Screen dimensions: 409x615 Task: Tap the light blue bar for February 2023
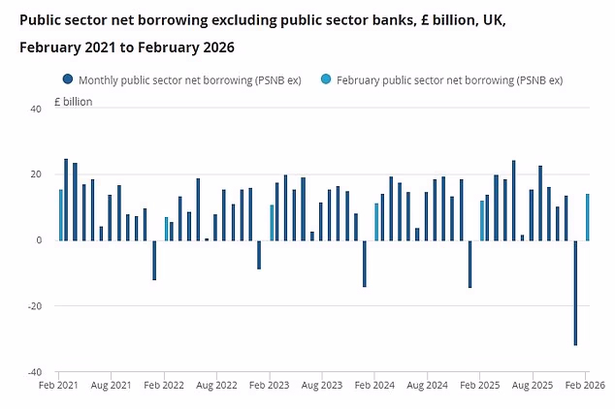click(272, 223)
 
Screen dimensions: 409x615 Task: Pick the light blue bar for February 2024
click(376, 222)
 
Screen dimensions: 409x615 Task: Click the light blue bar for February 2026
click(588, 217)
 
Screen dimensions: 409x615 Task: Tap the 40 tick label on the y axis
click(35, 109)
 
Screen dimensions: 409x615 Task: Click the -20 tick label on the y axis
click(33, 306)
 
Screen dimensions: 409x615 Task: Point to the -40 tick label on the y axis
click(33, 372)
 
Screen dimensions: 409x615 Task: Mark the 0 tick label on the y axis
click(38, 240)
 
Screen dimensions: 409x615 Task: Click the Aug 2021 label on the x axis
click(113, 386)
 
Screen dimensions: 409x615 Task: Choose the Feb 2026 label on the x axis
click(586, 386)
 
